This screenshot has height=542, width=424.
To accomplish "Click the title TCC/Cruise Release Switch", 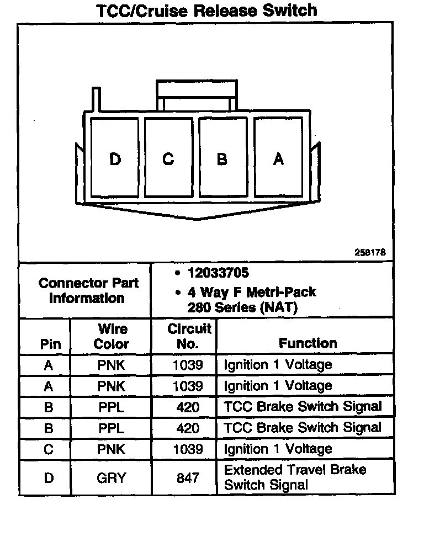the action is click(x=206, y=10).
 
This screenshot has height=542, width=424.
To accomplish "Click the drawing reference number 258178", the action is click(x=370, y=252).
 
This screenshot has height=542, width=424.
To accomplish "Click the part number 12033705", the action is click(x=218, y=273).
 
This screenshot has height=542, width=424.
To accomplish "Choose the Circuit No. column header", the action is click(x=189, y=337).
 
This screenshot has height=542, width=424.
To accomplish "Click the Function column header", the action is click(x=308, y=343).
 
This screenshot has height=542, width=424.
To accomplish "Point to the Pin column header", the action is click(x=51, y=344).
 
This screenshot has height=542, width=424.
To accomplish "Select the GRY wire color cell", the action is click(x=111, y=478).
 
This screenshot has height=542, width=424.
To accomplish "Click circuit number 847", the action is click(x=188, y=478).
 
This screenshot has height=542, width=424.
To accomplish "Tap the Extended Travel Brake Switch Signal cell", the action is click(x=295, y=477).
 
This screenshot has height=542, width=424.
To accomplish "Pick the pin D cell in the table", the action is click(x=49, y=478).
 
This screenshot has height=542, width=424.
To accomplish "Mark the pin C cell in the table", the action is click(x=49, y=449).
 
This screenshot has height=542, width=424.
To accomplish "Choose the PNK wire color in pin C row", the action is click(x=111, y=449).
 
